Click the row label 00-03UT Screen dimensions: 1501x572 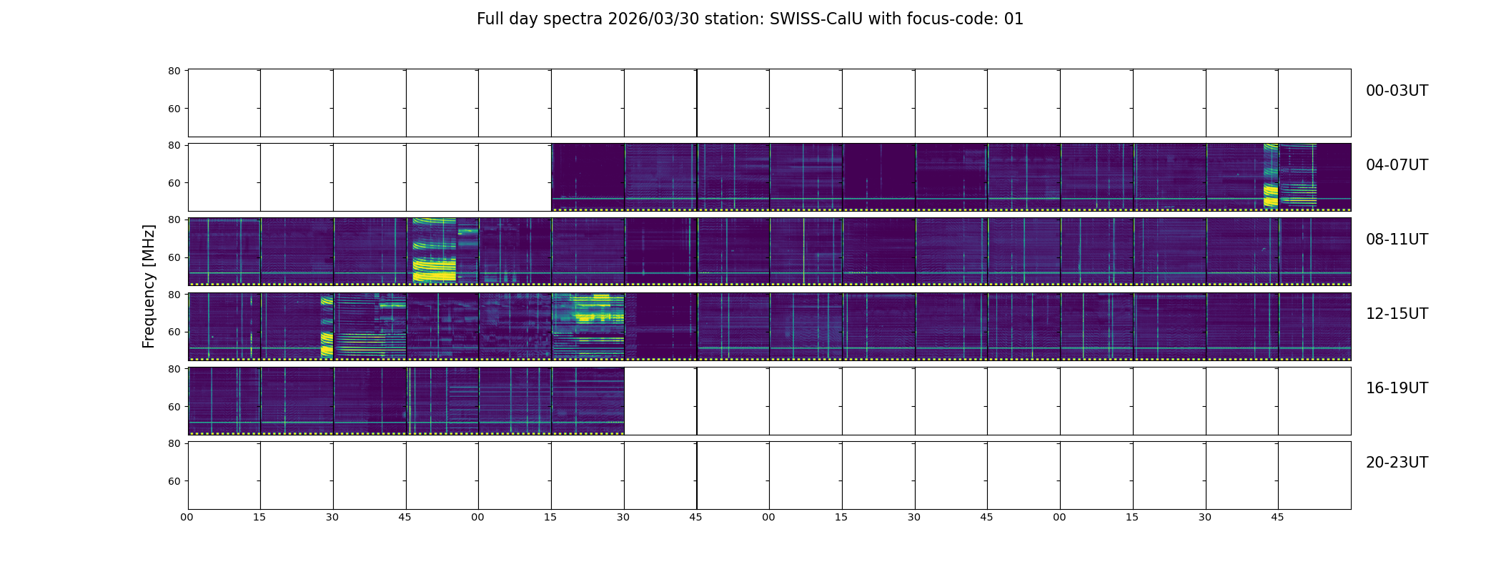[1397, 91]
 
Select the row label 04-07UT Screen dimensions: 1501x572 [1397, 165]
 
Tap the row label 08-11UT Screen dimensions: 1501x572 [1397, 240]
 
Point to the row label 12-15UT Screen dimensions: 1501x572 [1397, 314]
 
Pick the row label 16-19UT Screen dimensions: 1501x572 [1397, 388]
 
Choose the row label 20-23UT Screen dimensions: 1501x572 [1397, 463]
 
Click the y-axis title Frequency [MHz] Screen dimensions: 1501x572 [149, 286]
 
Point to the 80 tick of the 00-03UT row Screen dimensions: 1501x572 [174, 71]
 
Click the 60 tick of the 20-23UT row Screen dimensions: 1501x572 [174, 481]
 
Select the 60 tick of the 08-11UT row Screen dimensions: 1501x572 [174, 257]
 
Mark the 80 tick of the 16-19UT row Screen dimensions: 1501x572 [174, 369]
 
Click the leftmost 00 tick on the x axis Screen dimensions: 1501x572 [187, 517]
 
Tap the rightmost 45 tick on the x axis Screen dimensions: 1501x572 [1277, 517]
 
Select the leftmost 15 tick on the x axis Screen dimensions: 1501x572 [259, 517]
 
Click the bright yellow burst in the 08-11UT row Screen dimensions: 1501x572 [434, 250]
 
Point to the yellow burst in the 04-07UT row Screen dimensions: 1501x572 [1271, 176]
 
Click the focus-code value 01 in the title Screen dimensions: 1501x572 [1014, 19]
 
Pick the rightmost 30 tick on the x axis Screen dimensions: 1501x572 [1204, 517]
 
